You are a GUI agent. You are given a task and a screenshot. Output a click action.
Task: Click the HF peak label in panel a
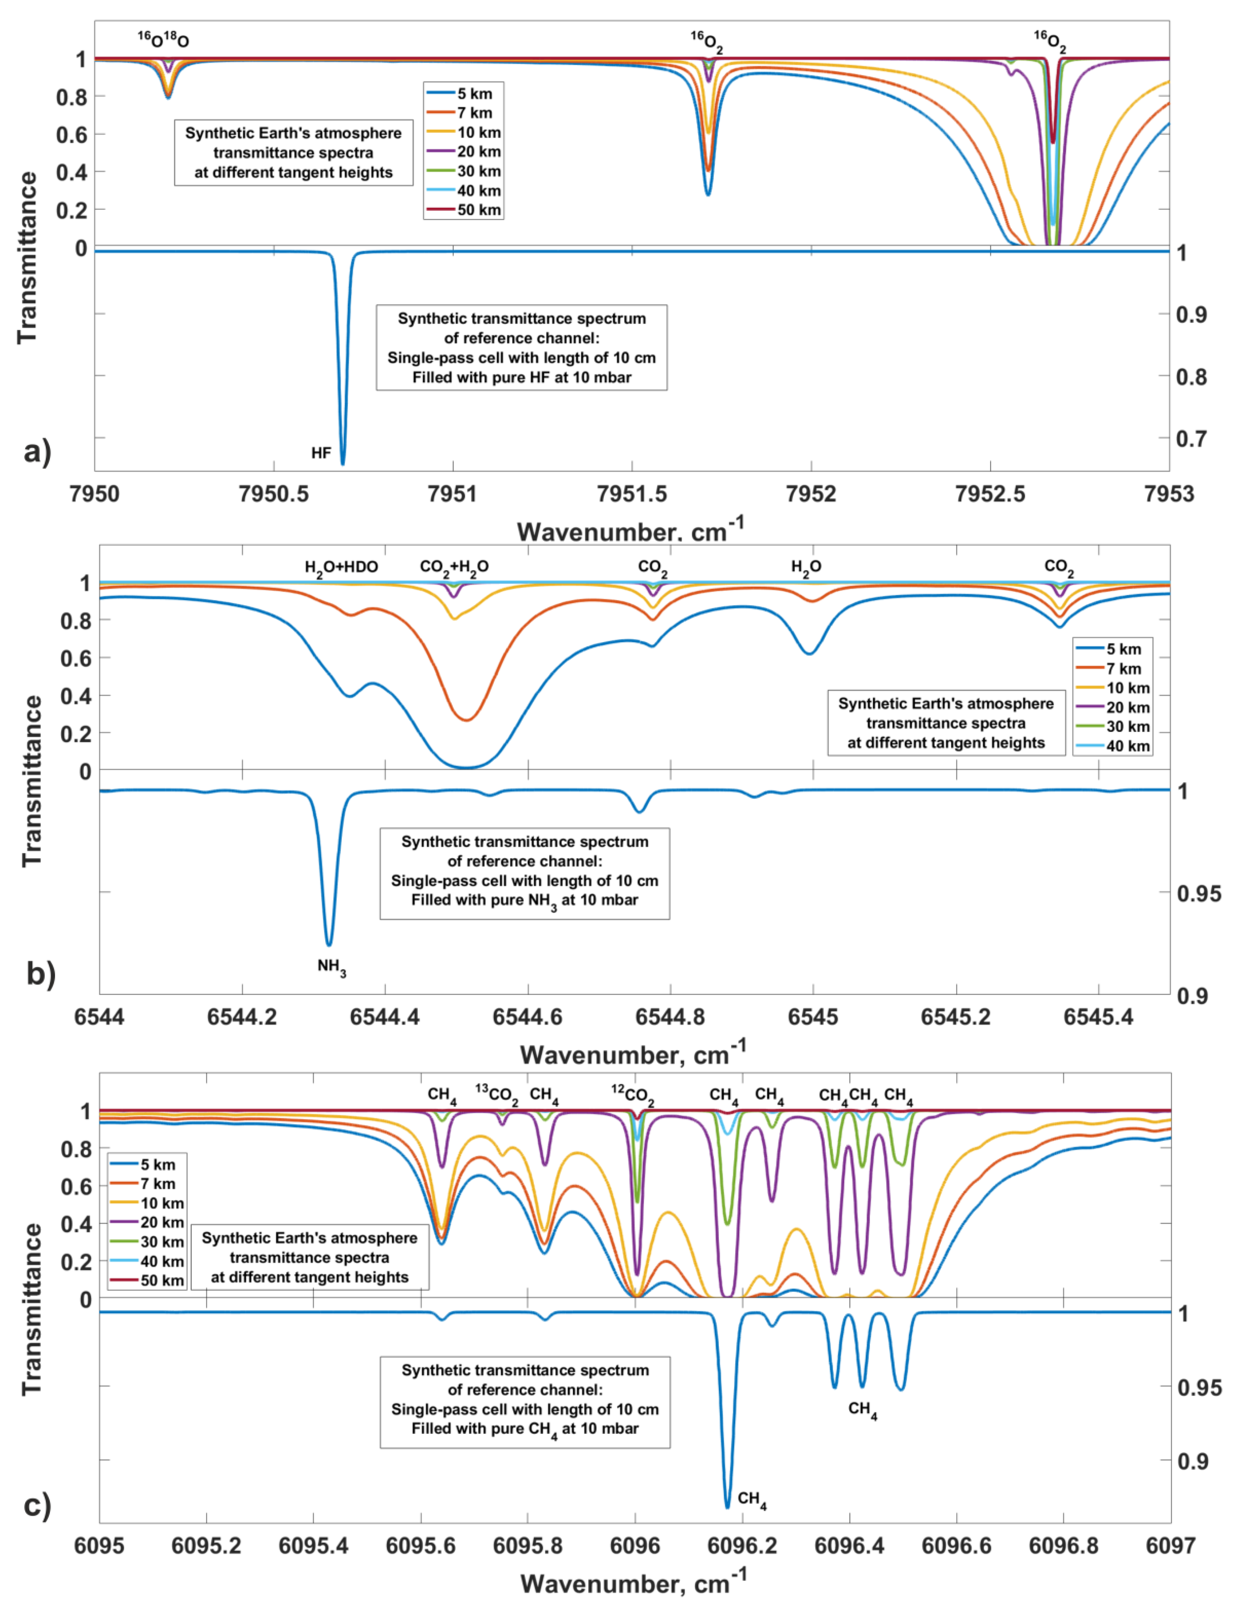tap(321, 453)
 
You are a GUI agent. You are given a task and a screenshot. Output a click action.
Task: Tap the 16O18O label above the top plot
tap(163, 40)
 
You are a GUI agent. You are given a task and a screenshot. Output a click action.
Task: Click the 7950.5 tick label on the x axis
tap(274, 494)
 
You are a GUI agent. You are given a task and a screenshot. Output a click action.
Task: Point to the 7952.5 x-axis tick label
tap(990, 494)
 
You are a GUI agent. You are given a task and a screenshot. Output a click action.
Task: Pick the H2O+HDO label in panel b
tap(341, 567)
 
